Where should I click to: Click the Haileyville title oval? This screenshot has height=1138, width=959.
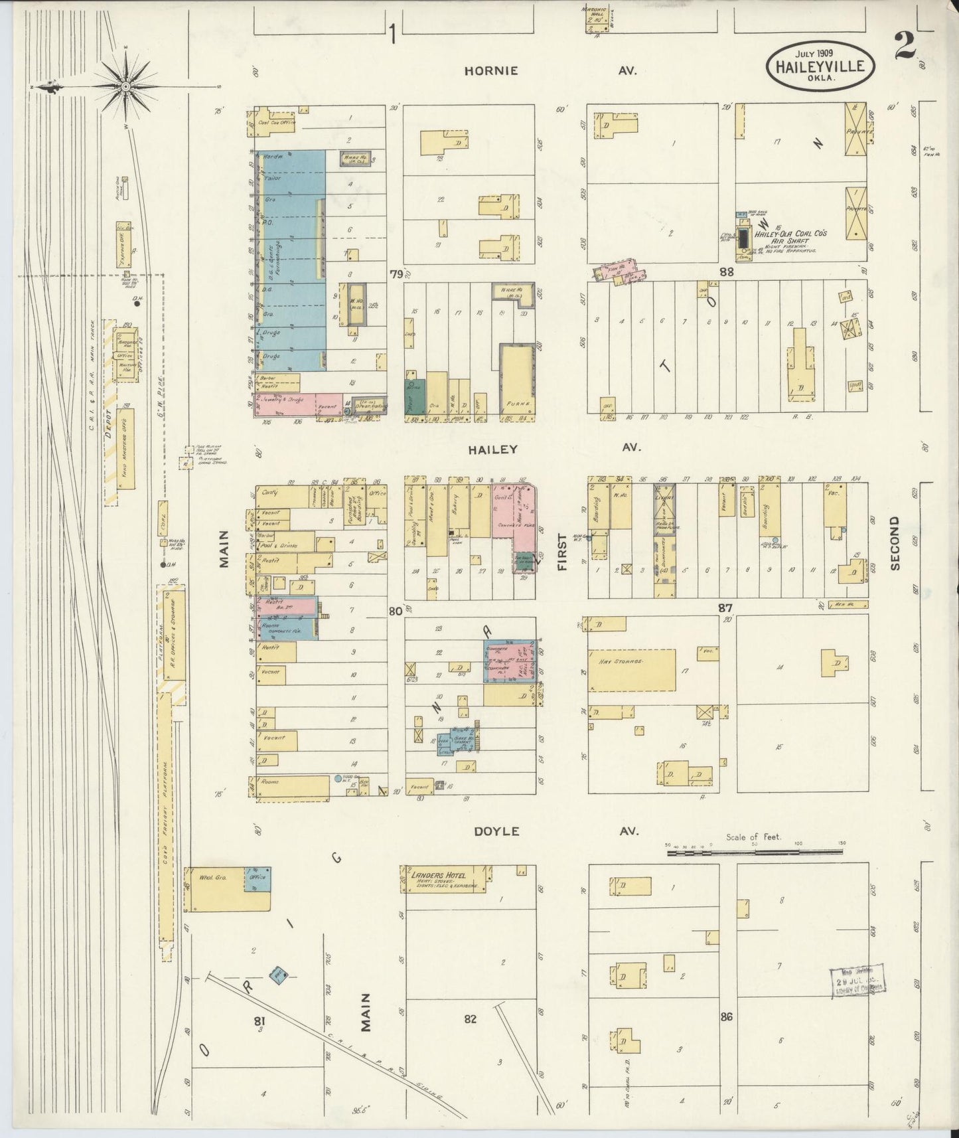820,65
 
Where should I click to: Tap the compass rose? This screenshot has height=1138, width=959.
125,86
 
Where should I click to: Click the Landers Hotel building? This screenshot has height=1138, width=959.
445,879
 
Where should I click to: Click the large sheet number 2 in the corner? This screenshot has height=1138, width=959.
904,46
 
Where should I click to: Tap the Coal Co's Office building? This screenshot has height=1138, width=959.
273,122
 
